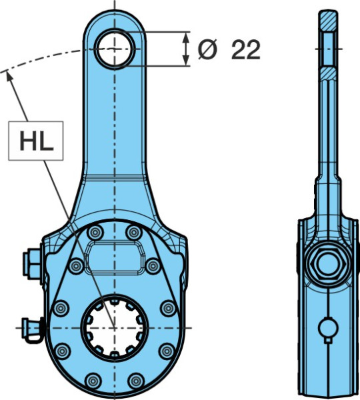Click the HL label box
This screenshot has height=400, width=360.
click(x=36, y=141)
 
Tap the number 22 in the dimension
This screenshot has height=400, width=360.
click(x=246, y=50)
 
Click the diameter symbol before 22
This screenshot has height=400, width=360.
click(x=208, y=49)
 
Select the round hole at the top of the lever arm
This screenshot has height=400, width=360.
click(x=115, y=49)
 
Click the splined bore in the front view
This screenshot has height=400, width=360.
click(x=114, y=327)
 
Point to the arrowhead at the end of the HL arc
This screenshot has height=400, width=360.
click(x=9, y=76)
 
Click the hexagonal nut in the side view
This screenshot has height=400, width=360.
click(x=329, y=264)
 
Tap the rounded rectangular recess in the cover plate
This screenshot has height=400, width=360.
click(x=115, y=257)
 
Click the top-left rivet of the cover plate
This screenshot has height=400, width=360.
click(x=95, y=233)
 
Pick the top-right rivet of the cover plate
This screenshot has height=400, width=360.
click(x=134, y=233)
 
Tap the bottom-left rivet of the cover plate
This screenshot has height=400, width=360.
click(x=93, y=381)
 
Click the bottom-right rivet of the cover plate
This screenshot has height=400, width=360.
click(x=136, y=381)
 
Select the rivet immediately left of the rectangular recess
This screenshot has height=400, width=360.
click(x=76, y=266)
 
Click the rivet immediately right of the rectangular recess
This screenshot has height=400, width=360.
click(x=153, y=266)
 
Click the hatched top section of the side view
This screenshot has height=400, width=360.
click(x=328, y=21)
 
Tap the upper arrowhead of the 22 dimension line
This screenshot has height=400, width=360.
click(x=187, y=37)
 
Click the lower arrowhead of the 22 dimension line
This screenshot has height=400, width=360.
click(x=187, y=61)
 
